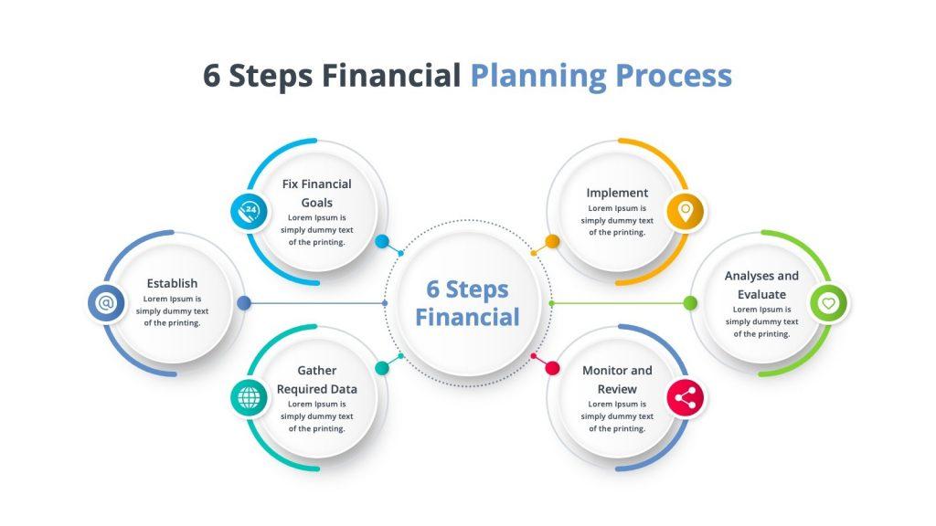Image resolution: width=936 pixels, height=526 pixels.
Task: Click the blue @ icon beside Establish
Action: [106, 302]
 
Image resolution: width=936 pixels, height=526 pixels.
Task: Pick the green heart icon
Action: [828, 302]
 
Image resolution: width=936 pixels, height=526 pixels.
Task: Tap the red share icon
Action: [686, 397]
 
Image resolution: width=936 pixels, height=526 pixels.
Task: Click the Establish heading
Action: [172, 283]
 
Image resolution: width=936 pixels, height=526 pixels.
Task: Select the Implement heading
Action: [617, 193]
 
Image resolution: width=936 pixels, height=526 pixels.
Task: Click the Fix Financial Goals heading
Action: [316, 193]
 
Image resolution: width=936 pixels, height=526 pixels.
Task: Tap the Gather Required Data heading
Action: [316, 380]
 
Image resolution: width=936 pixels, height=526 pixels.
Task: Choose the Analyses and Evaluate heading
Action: [761, 285]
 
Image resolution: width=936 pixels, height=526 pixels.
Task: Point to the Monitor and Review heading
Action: [617, 380]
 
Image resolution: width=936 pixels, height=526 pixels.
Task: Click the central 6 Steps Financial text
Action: [467, 303]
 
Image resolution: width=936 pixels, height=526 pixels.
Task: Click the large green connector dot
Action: [690, 303]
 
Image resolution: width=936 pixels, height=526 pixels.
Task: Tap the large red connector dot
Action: [552, 368]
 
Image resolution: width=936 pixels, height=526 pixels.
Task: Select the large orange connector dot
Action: [552, 241]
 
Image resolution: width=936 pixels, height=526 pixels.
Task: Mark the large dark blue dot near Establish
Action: [243, 302]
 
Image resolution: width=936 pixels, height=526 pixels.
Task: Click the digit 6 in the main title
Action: [212, 77]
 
